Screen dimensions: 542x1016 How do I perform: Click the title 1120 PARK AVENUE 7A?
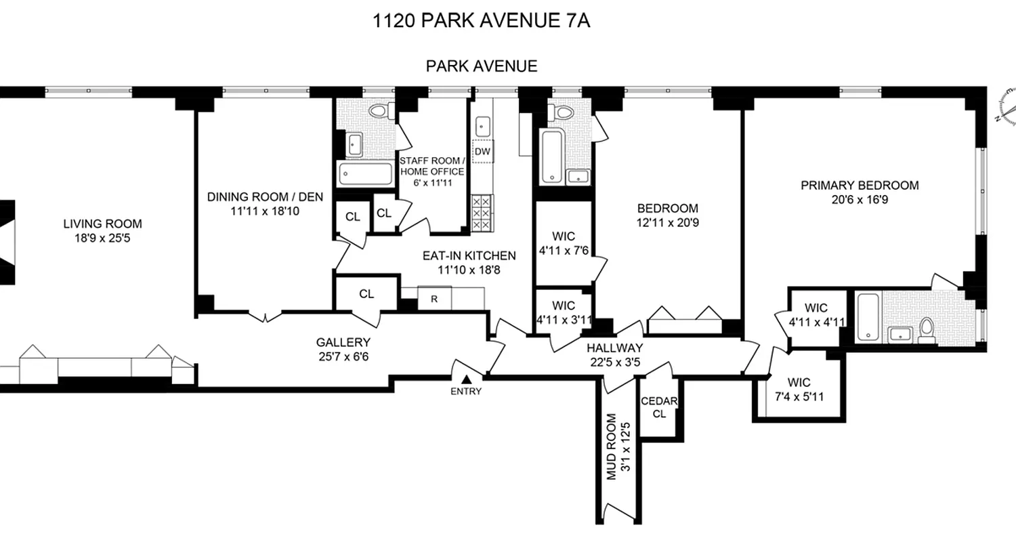tap(482, 21)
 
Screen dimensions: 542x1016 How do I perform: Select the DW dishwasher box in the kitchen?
tap(482, 151)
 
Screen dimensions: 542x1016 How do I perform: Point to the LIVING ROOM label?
tap(103, 224)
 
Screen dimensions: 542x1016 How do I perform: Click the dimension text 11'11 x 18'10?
tap(265, 211)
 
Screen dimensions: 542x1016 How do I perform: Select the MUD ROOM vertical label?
tap(612, 447)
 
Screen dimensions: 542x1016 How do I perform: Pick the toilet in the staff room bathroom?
tap(381, 112)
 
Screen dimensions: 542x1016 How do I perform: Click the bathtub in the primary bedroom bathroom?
tap(867, 317)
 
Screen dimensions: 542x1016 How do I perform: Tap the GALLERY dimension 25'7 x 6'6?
tap(343, 356)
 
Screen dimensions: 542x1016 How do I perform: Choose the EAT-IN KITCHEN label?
tap(469, 256)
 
